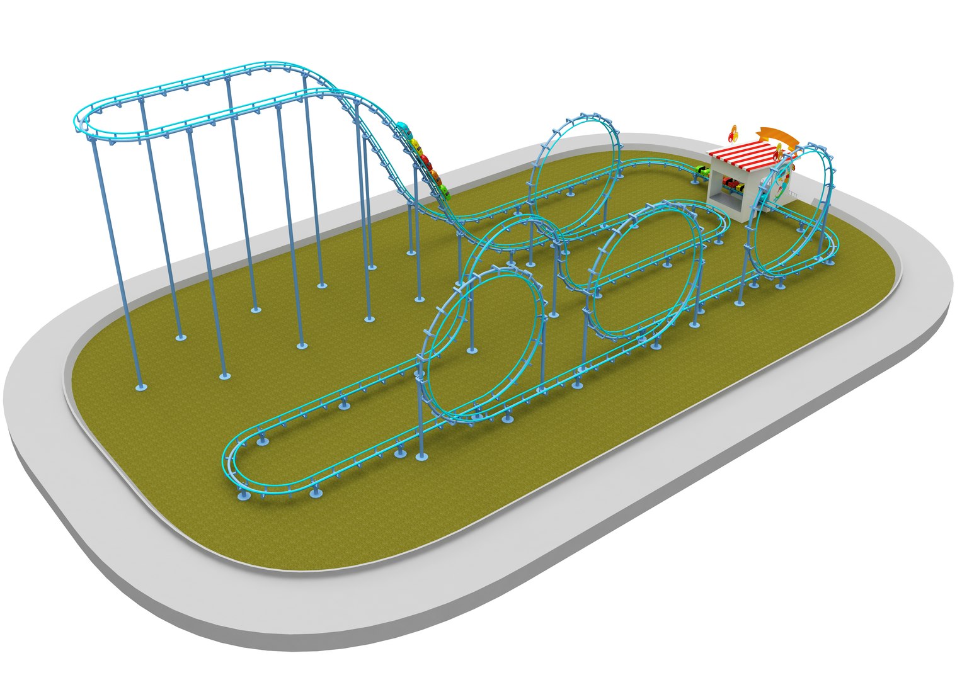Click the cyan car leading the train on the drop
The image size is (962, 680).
[x=405, y=130]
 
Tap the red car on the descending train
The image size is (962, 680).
[x=425, y=159]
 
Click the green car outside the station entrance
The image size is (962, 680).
[x=702, y=171]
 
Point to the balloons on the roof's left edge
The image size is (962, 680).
[x=733, y=134]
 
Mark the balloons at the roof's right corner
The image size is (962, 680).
[x=780, y=152]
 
